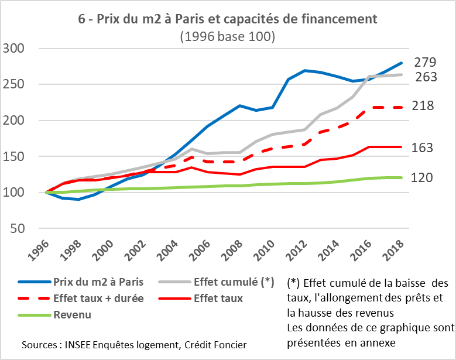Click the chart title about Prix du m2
coord(228,19)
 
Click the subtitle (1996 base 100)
coord(228,36)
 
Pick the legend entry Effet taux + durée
coord(98,298)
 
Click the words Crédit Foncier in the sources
coord(216,344)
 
